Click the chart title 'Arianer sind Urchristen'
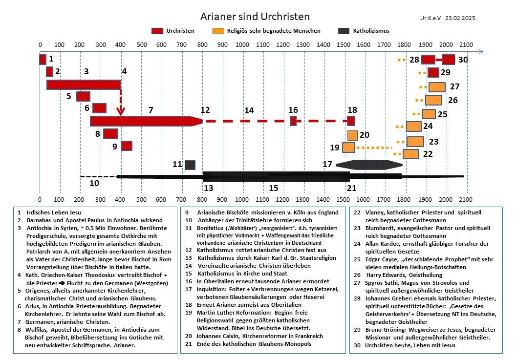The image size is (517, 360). [x=255, y=17]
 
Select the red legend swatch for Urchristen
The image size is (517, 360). [x=157, y=31]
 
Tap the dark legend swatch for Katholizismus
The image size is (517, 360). [x=344, y=31]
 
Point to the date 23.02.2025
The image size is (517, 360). [x=460, y=18]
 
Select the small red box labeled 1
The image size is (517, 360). [x=43, y=60]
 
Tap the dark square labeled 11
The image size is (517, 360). [x=190, y=165]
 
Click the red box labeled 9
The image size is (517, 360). [x=127, y=146]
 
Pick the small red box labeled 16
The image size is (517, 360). [x=293, y=121]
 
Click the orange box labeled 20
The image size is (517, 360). [x=352, y=135]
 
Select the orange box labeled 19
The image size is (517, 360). [x=348, y=148]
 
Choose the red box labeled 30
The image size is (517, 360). [x=449, y=60]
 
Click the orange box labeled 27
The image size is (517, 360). [x=437, y=87]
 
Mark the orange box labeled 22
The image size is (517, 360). [x=410, y=154]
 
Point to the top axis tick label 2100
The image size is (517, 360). [x=466, y=45]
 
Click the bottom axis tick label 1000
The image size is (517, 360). [x=243, y=199]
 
